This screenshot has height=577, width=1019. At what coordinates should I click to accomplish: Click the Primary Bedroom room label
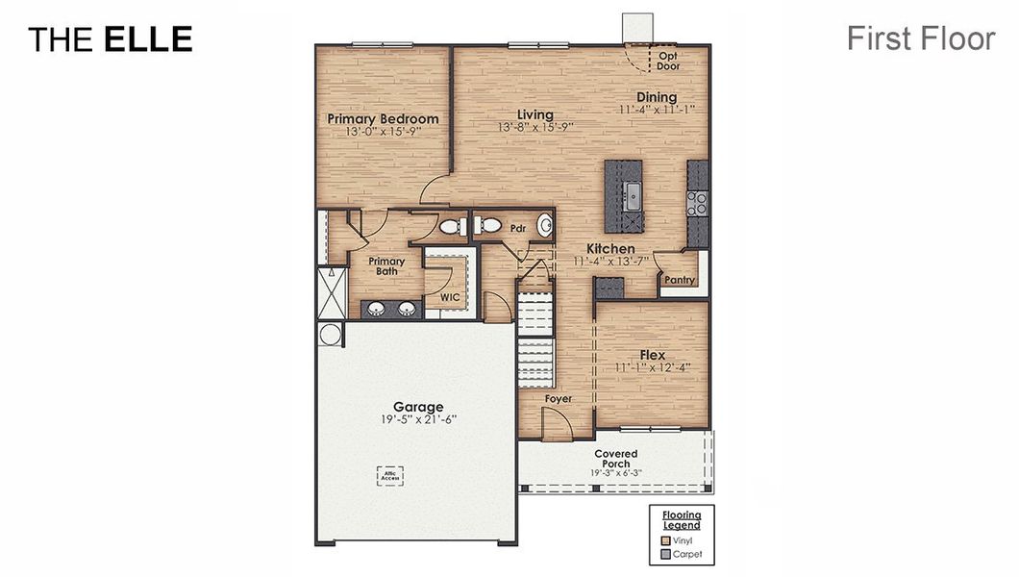(383, 119)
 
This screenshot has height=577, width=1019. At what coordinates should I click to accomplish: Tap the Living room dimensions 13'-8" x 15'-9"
(534, 128)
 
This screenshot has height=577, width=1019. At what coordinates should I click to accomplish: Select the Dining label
(657, 97)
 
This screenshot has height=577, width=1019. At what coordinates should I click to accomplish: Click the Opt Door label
(668, 61)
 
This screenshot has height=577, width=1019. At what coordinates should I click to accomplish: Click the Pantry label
(680, 281)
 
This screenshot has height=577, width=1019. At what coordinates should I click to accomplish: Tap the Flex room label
(653, 355)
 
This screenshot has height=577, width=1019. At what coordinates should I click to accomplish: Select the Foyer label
(559, 398)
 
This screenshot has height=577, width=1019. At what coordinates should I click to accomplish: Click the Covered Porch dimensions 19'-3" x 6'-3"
(615, 473)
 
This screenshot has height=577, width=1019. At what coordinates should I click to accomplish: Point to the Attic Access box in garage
(389, 476)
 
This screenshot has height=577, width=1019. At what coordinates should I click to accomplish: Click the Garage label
(418, 407)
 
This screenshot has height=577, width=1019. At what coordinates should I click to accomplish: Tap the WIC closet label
(450, 298)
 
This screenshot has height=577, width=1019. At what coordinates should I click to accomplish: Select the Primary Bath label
(386, 266)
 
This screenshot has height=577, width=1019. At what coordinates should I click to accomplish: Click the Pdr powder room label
(518, 229)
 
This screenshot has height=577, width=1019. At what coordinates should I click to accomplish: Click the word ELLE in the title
(148, 39)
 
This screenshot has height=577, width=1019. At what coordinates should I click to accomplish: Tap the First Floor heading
(920, 38)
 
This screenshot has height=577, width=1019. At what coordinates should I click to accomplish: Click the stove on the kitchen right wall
(698, 203)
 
